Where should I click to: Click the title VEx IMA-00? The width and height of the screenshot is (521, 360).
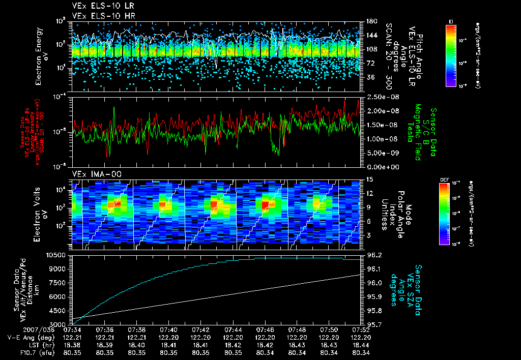pyautogui.click(x=93, y=174)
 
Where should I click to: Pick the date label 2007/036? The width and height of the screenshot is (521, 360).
pyautogui.click(x=18, y=329)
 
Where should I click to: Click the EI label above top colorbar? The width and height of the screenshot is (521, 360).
pyautogui.click(x=451, y=21)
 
